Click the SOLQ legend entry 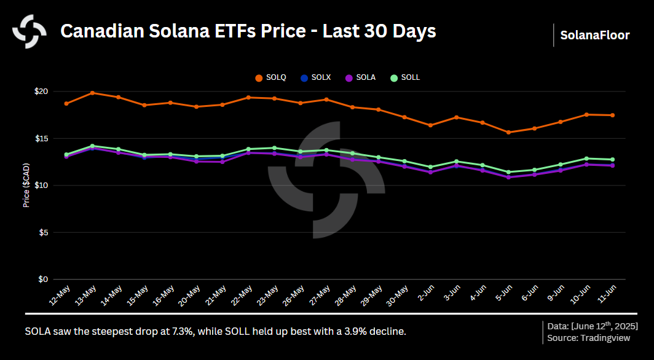270,77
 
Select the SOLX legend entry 315,77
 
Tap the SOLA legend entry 360,77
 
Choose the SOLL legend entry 404,77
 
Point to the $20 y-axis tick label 41,92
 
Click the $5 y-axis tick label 43,232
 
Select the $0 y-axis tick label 43,280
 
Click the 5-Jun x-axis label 502,296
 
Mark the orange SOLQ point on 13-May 92,93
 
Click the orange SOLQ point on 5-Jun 508,132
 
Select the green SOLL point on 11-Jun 612,159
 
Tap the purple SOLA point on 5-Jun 508,177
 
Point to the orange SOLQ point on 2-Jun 430,125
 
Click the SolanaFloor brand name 594,35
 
